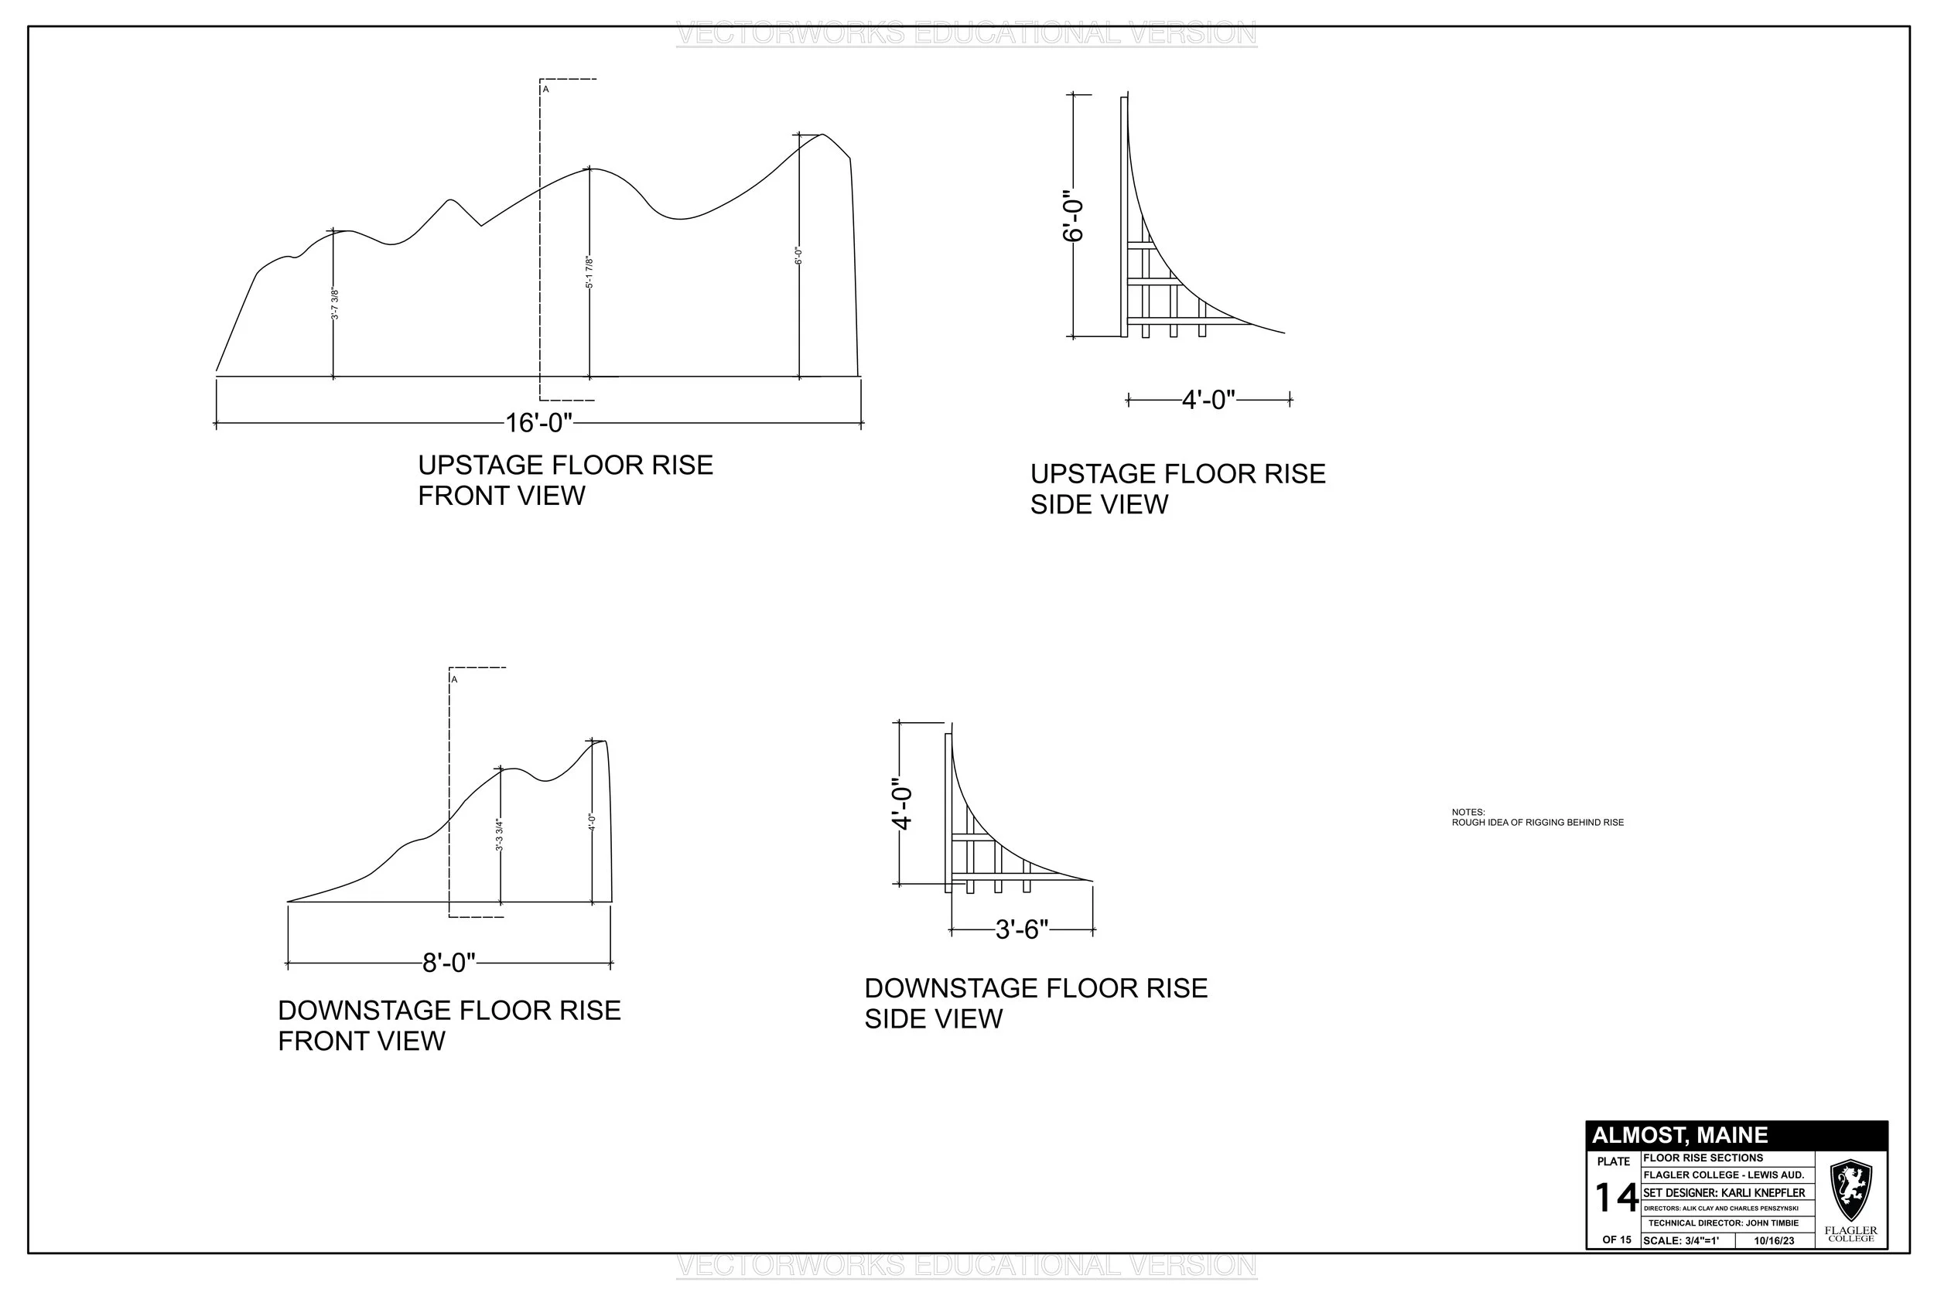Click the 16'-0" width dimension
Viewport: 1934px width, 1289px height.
538,424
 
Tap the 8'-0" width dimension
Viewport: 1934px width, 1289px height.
448,963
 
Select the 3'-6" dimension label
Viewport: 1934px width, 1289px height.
1021,929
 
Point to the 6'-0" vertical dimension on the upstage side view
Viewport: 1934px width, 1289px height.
1073,218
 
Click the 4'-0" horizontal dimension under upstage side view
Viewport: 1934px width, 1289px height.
1208,401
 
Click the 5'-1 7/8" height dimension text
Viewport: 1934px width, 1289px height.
589,272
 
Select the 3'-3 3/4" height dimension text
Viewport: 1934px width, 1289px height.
500,835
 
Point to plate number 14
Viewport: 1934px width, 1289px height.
1616,1198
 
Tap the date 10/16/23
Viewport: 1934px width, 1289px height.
1774,1240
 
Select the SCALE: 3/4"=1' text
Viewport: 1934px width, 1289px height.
1680,1240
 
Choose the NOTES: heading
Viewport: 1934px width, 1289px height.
1468,812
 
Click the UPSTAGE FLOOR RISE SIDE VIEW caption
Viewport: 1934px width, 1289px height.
1177,489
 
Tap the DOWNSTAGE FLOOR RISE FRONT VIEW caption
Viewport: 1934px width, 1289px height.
449,1025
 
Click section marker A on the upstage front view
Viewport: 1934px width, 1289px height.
545,89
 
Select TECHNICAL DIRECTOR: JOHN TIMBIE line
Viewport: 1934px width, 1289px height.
1723,1223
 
